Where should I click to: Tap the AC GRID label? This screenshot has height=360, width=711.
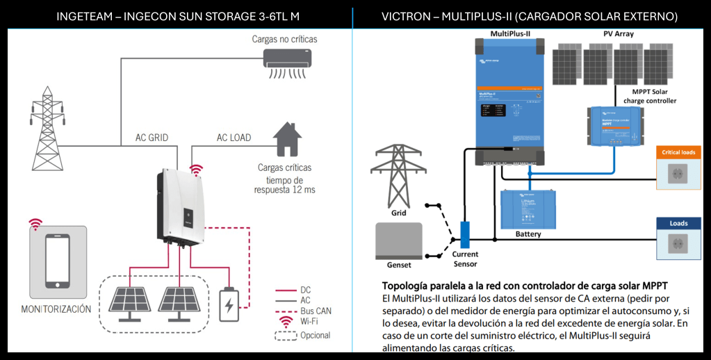coord(152,138)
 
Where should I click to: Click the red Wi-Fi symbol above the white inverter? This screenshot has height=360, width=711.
coord(197,171)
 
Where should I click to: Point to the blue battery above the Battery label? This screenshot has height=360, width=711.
coord(528,210)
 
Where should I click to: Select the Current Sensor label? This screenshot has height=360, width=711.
coord(465,259)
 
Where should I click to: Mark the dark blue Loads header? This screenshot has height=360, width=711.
coord(678,223)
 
